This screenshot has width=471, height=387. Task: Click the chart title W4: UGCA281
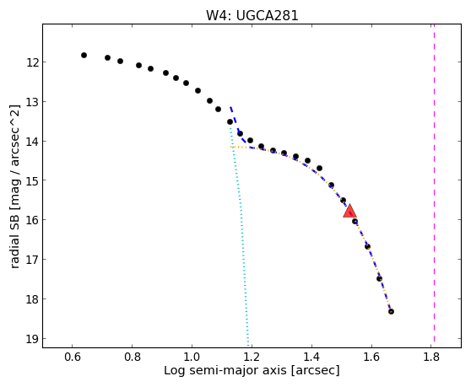click(x=252, y=15)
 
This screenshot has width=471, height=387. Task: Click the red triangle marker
click(x=350, y=211)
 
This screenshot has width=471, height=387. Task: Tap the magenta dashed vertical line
click(x=434, y=183)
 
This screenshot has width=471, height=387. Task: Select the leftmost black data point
click(x=84, y=55)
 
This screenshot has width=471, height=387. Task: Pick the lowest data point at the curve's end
click(x=391, y=311)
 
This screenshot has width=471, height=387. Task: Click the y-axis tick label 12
click(x=32, y=62)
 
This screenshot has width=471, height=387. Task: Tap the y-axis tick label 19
click(x=32, y=339)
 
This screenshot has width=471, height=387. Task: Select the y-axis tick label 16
click(x=32, y=220)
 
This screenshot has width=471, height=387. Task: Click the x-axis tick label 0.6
click(x=72, y=357)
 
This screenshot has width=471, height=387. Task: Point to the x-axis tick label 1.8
click(x=431, y=357)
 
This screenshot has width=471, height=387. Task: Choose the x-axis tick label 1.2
click(x=252, y=357)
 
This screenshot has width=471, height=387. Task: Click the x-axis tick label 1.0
click(x=192, y=357)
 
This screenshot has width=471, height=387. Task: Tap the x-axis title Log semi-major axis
click(x=225, y=371)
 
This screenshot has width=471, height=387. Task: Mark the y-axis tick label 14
click(x=32, y=142)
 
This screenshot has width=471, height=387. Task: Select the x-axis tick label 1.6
click(x=371, y=357)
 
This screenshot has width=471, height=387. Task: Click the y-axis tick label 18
click(x=32, y=299)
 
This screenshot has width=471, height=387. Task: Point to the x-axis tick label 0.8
click(x=133, y=357)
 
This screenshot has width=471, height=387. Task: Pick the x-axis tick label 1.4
click(x=311, y=357)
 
